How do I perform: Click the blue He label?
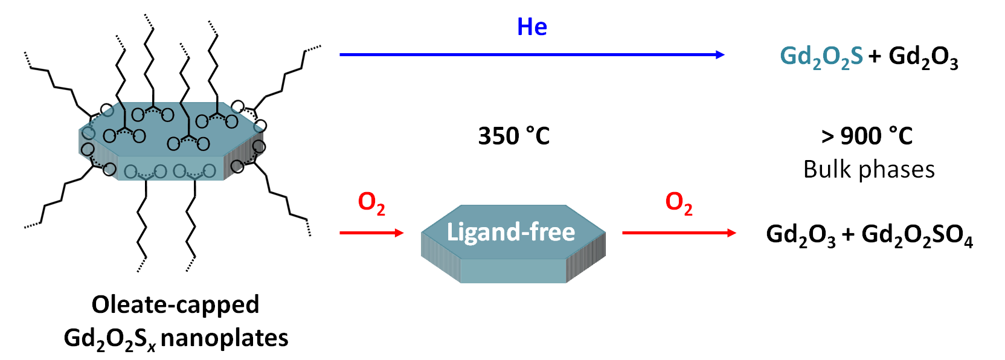532,27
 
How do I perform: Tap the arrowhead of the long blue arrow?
720,55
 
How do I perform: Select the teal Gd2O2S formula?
821,57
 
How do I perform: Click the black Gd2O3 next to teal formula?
923,57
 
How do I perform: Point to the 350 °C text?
514,136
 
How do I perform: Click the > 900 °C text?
867,136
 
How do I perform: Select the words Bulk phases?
869,170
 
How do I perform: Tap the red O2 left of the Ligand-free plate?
371,202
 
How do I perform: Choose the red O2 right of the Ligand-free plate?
678,202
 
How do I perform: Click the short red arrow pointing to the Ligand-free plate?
371,233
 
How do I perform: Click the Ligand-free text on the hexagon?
510,232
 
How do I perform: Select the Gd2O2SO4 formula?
917,235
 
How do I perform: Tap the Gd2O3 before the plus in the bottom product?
800,235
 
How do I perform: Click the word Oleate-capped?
175,304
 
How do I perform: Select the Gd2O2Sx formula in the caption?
109,339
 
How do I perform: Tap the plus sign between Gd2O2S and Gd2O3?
875,56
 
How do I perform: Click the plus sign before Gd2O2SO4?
848,234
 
